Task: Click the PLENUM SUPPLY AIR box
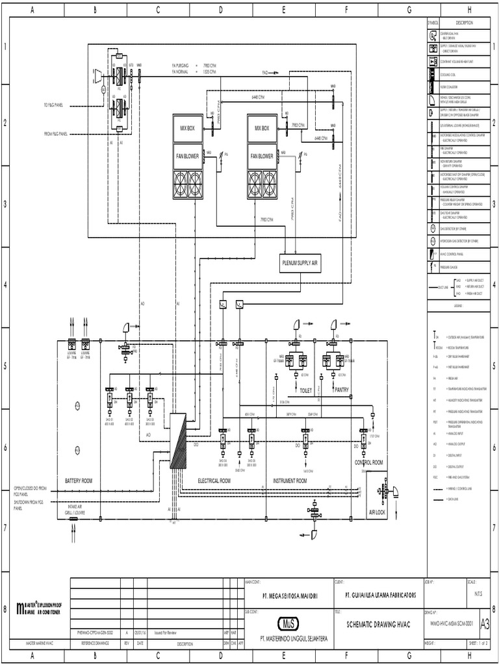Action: pos(300,263)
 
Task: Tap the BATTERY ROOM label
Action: pos(79,481)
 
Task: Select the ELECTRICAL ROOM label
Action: pos(214,481)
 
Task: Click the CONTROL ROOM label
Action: pos(368,462)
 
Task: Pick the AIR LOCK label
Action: pos(377,512)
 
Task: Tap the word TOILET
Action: pos(306,390)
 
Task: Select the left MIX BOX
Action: pos(188,129)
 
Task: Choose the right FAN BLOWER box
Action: pos(262,156)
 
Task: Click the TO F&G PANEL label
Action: pos(53,105)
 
